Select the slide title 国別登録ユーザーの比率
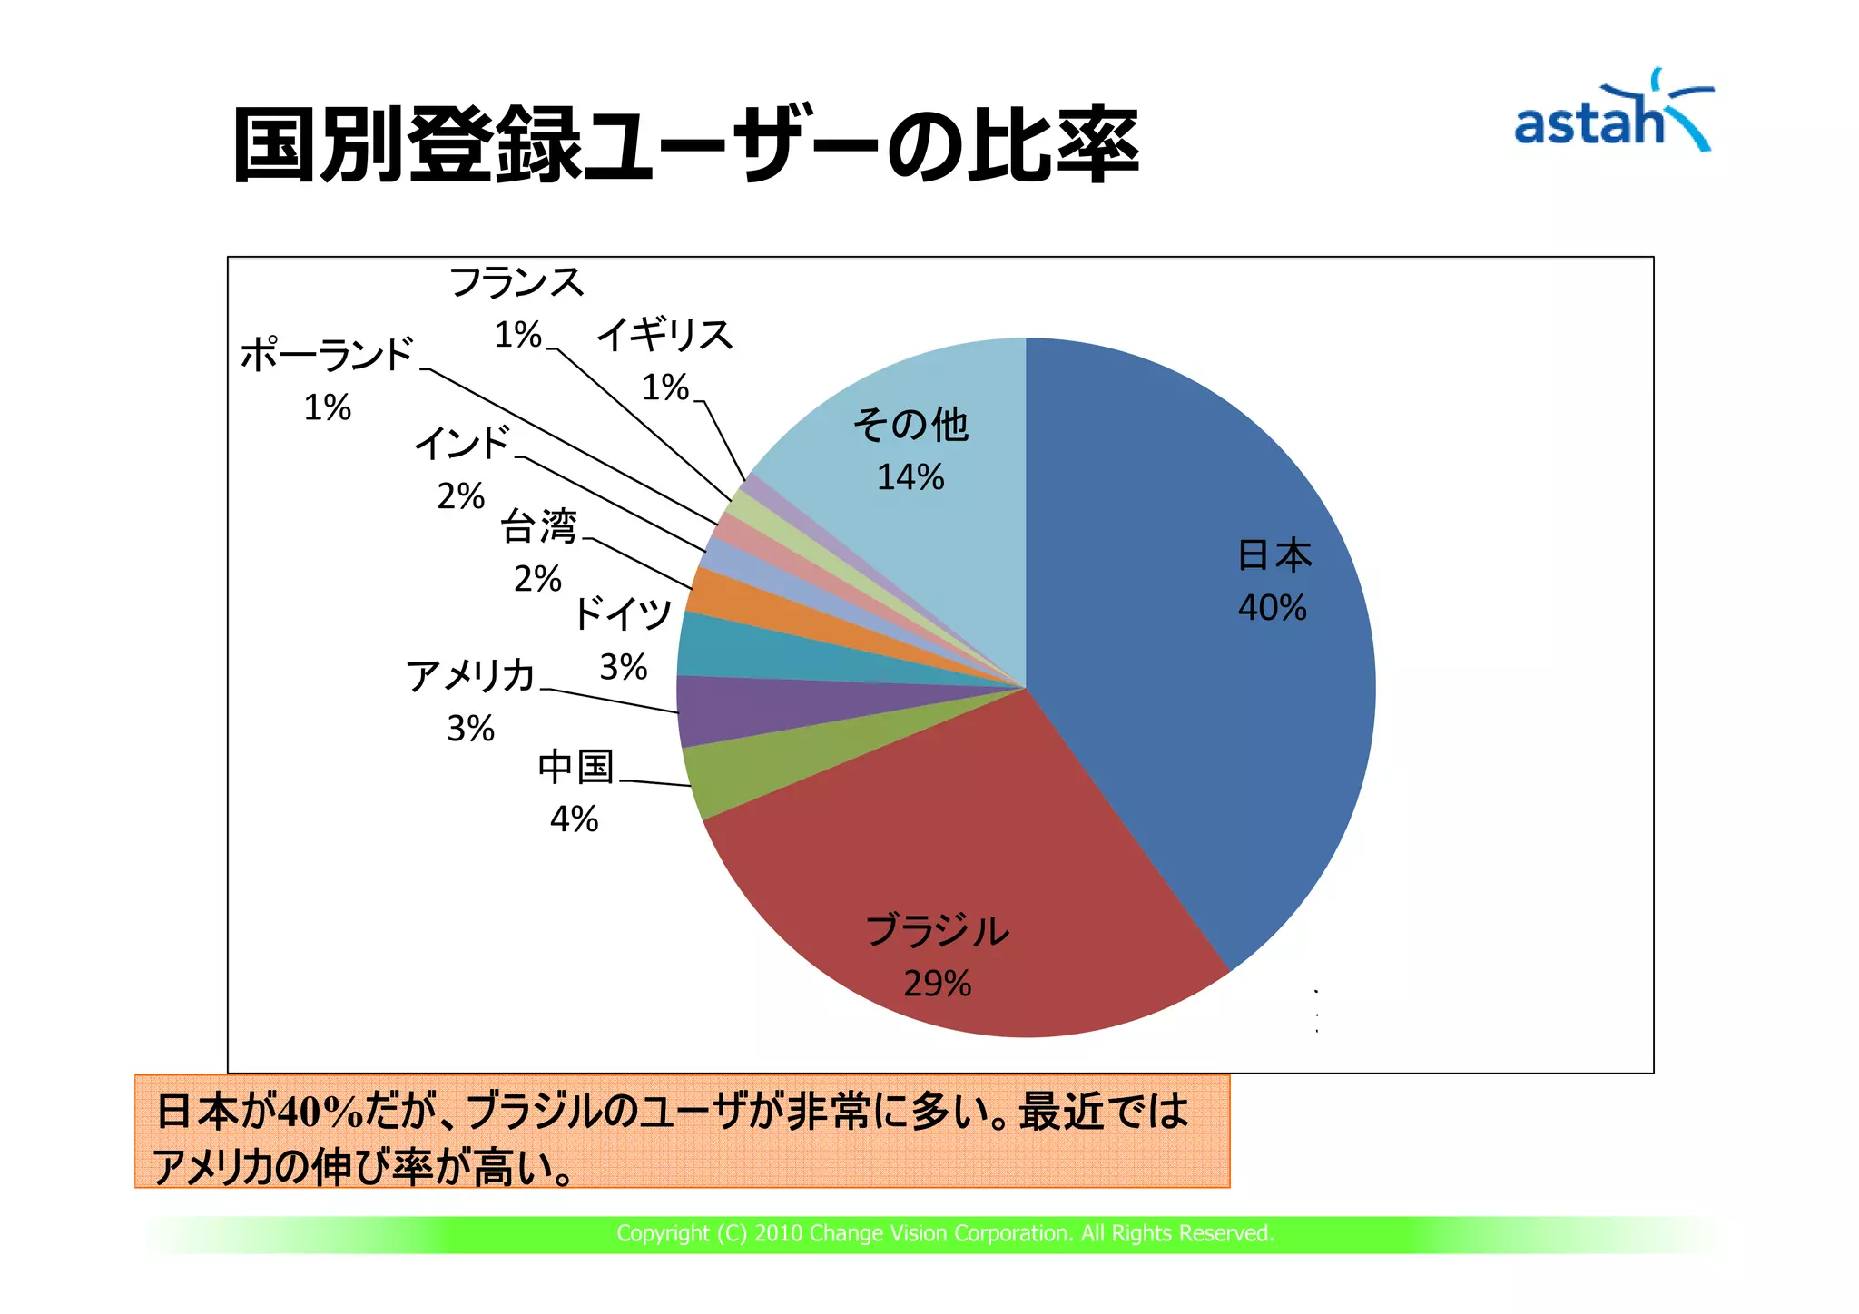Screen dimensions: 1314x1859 (685, 145)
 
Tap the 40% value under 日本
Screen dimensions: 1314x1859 (1272, 608)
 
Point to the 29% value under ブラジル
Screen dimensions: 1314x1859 (937, 984)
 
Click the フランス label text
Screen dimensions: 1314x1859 (516, 283)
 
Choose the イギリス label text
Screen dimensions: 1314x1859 (664, 336)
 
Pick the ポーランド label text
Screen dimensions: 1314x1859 (327, 355)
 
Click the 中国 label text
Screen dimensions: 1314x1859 (575, 768)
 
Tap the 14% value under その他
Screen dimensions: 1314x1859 (910, 477)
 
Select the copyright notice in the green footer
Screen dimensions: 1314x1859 (945, 1233)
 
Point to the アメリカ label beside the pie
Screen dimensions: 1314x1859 (470, 676)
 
